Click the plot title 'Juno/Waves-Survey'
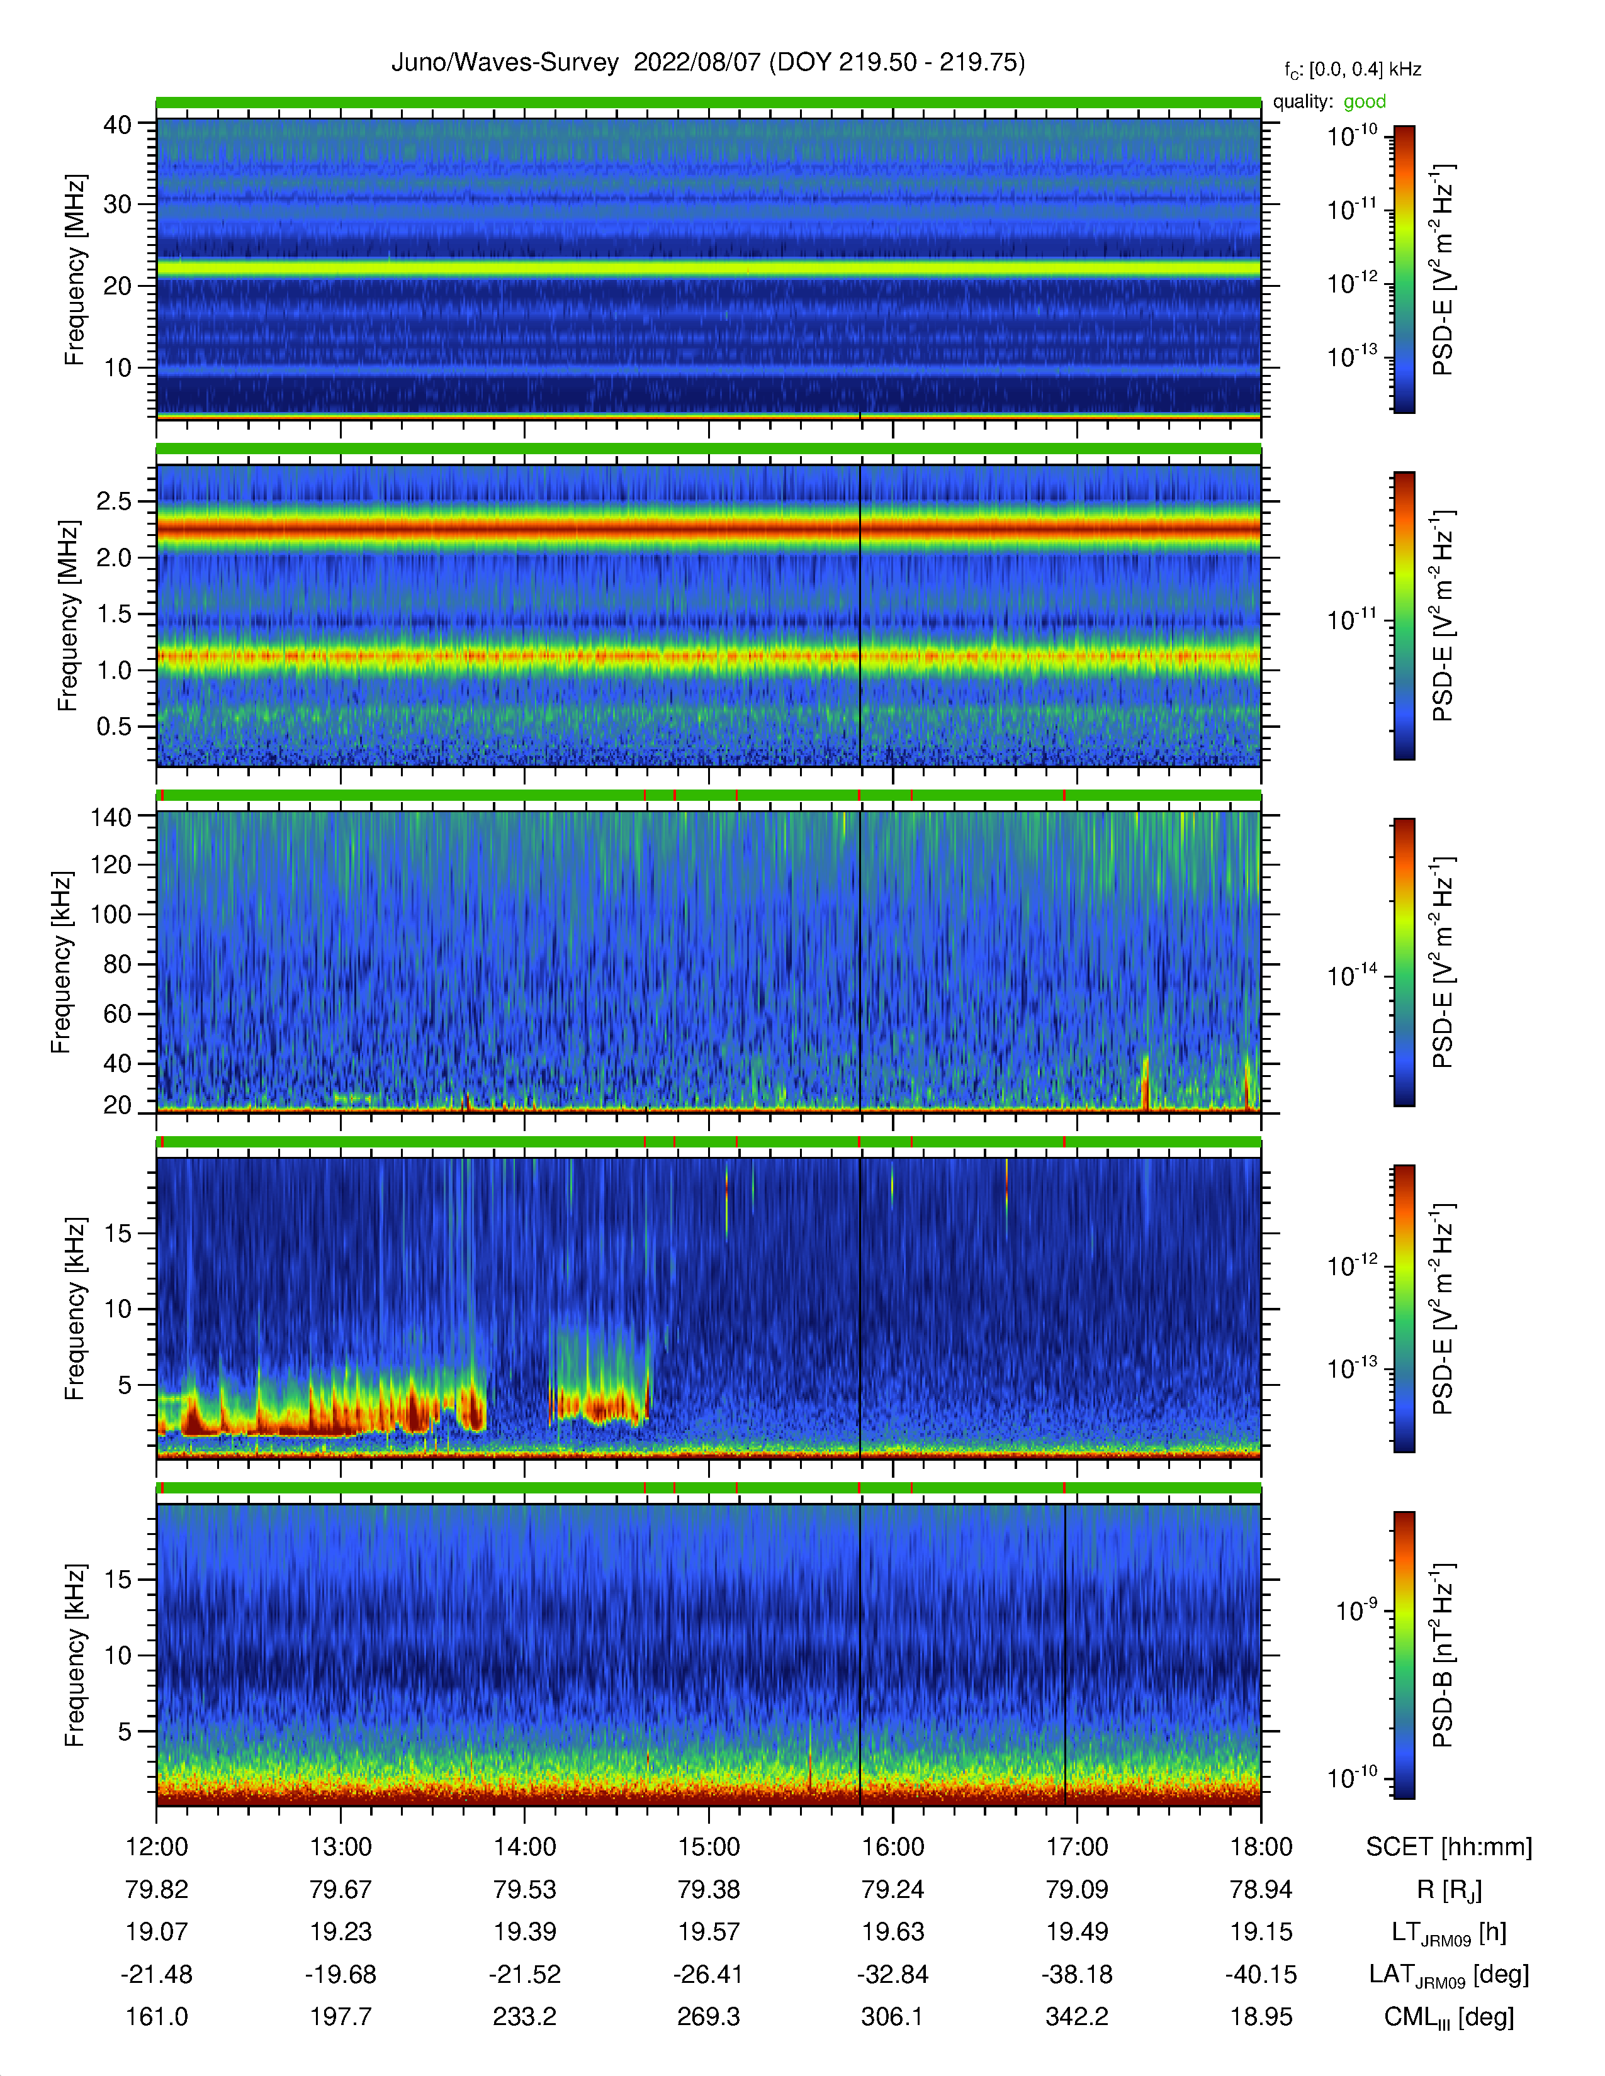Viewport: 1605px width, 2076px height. point(505,63)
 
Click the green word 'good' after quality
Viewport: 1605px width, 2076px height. point(1365,102)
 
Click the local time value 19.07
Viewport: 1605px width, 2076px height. point(157,1931)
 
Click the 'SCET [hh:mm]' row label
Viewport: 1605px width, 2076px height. point(1449,1847)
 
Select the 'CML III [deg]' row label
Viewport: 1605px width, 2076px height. point(1449,2017)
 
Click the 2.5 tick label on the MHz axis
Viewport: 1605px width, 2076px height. point(114,501)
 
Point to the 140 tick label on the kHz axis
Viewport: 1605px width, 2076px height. point(110,817)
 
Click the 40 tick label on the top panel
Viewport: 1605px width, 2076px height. point(117,125)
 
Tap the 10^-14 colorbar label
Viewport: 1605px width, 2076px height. point(1352,974)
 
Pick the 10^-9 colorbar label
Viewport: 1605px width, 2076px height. point(1356,1609)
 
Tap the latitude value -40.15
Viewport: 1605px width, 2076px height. point(1261,1974)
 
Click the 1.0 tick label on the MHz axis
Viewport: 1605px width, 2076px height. point(114,670)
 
